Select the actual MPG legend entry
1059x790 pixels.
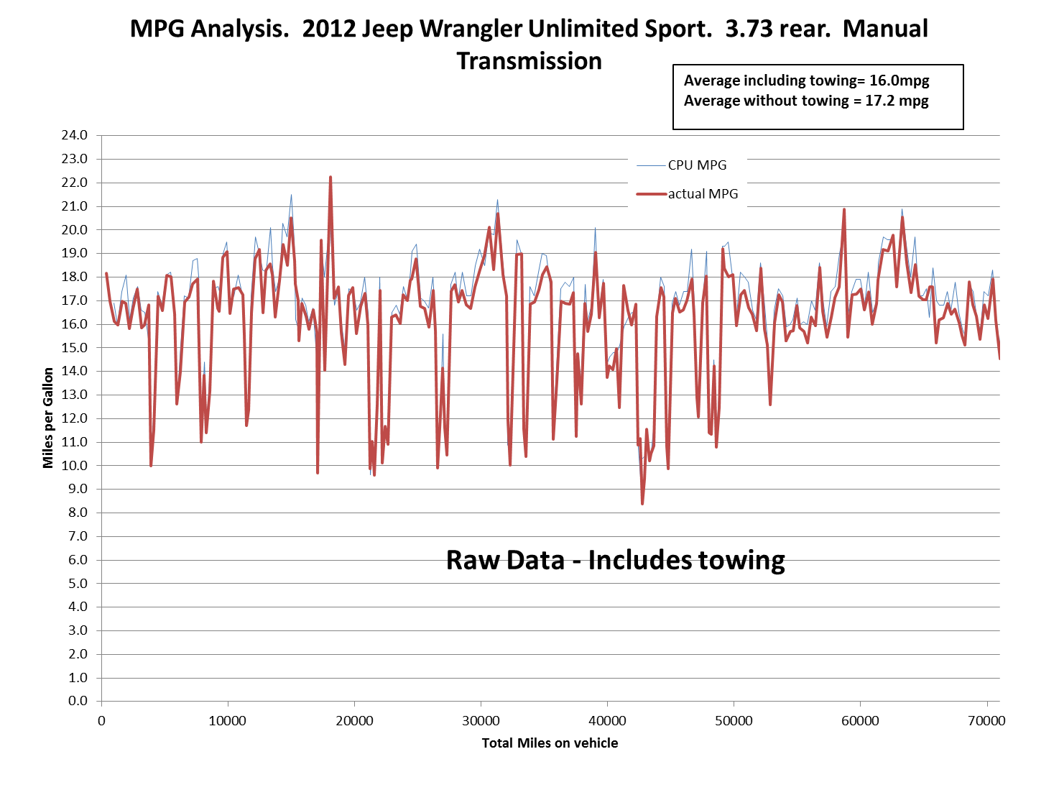click(687, 193)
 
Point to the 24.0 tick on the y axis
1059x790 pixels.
click(74, 135)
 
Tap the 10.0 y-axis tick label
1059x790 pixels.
click(74, 466)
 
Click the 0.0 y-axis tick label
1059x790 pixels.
click(78, 701)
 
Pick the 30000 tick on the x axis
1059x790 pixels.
click(481, 721)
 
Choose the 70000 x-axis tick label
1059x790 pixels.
click(986, 721)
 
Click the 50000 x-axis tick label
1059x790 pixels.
click(734, 721)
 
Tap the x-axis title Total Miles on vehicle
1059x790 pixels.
click(550, 743)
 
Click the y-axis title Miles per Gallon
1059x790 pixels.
click(47, 418)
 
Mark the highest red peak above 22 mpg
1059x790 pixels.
click(330, 177)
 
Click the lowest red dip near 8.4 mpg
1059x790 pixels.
click(642, 504)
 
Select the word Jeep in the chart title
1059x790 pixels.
click(387, 29)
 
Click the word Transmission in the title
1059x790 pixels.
click(529, 61)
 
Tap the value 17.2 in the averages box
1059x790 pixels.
click(878, 101)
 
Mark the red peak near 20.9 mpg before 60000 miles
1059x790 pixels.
click(843, 209)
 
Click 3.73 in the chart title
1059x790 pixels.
click(746, 29)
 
